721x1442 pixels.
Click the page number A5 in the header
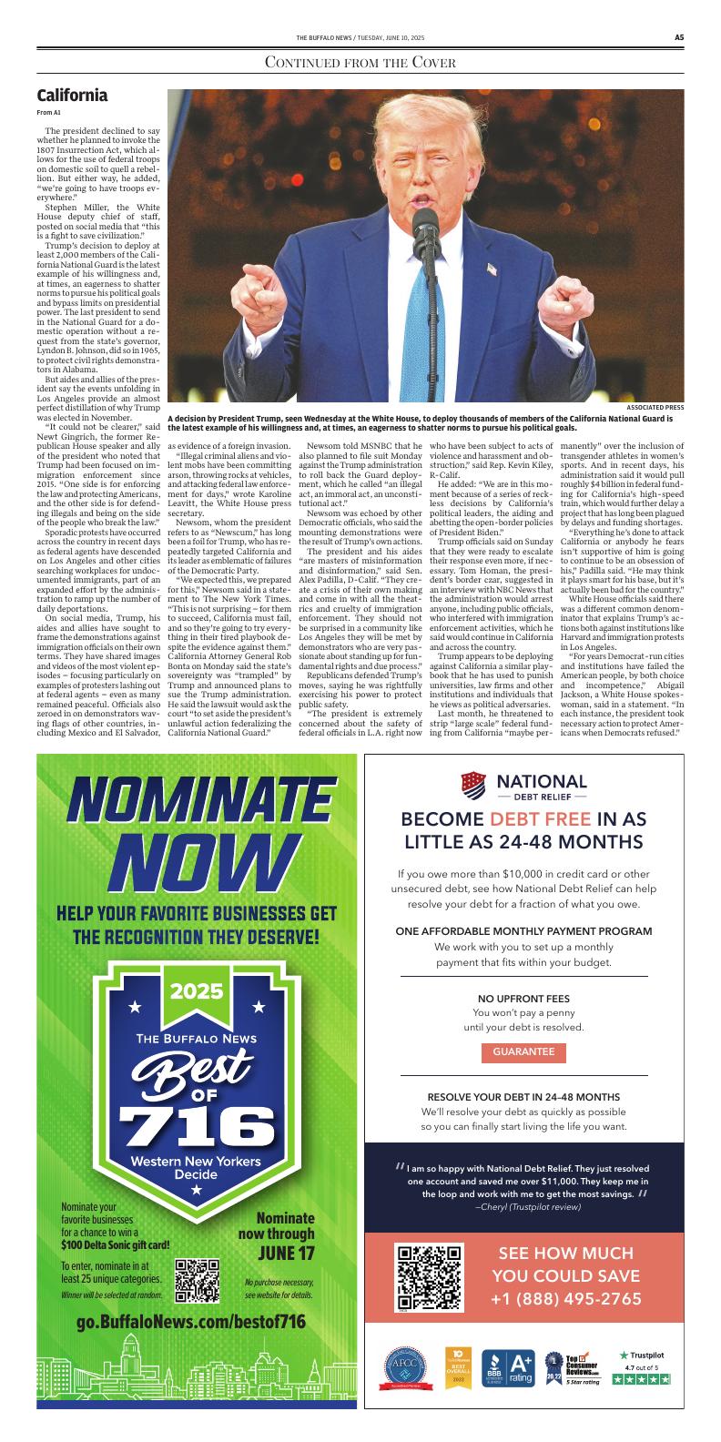[x=678, y=37]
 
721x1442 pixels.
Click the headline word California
[x=72, y=96]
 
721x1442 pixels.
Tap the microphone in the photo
[x=424, y=228]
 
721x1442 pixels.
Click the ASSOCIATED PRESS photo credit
[x=655, y=407]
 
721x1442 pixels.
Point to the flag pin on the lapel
[x=492, y=269]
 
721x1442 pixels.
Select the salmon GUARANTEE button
[x=523, y=1051]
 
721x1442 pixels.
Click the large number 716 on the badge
[x=197, y=1129]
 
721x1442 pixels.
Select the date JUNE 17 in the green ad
[x=284, y=1254]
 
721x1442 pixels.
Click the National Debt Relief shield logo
[x=473, y=783]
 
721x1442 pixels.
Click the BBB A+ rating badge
[x=507, y=1367]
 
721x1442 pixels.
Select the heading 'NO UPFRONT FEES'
[x=523, y=998]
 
